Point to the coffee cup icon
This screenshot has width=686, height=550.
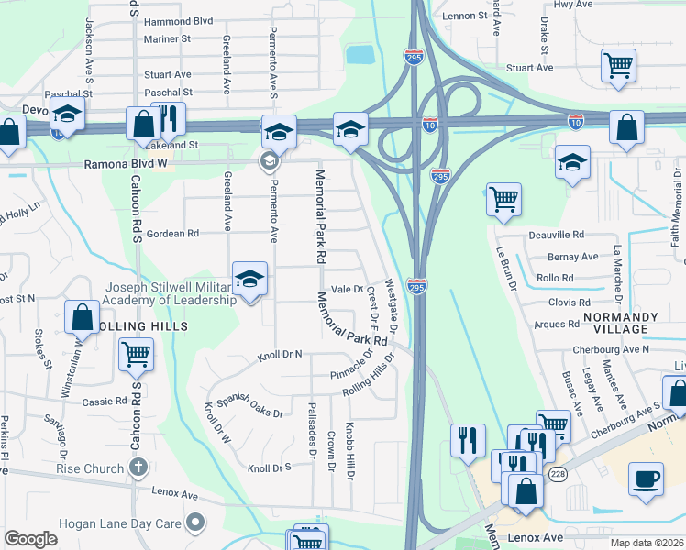coord(646,479)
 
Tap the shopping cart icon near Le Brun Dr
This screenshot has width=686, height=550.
coord(503,199)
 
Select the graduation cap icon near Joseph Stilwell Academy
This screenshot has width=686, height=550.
coord(249,280)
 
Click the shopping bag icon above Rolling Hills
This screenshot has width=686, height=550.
coord(82,317)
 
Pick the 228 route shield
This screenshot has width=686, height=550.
coord(558,474)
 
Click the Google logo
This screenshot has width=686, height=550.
coord(30,539)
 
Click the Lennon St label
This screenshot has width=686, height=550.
coord(464,16)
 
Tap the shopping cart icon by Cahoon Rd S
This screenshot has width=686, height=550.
coord(137,353)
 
